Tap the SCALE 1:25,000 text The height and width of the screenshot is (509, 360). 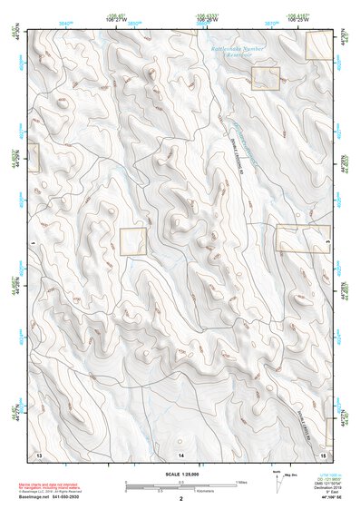click(180, 472)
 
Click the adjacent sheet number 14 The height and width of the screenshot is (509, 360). click(180, 452)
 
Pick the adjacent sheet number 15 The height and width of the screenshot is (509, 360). click(323, 452)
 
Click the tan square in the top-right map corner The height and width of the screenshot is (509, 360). click(319, 45)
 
